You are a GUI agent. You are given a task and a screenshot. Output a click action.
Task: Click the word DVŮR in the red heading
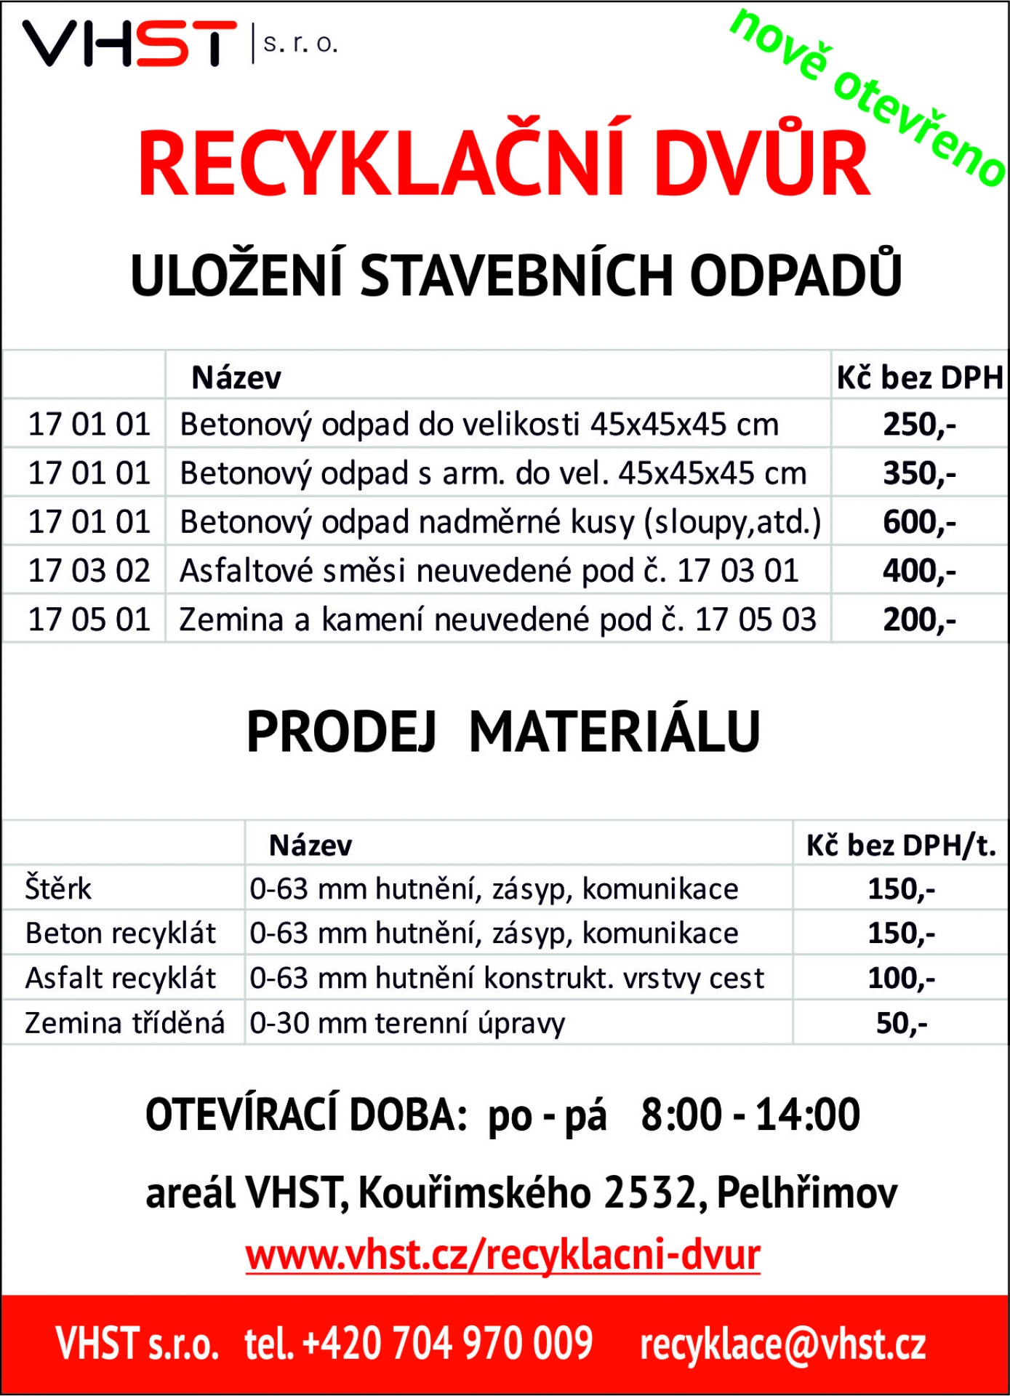761,164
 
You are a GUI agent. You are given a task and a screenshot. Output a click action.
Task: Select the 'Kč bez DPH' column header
919,378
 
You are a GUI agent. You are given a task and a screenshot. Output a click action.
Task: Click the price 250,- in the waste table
919,425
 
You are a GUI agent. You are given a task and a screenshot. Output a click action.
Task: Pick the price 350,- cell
919,473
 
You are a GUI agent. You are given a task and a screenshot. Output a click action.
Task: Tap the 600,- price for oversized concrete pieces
919,522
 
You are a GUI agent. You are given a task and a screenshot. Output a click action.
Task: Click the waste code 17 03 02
89,571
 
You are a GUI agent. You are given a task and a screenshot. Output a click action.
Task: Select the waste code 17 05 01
89,619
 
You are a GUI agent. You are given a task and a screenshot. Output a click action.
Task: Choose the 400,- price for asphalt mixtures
919,571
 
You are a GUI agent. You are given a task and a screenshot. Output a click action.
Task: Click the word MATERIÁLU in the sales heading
614,732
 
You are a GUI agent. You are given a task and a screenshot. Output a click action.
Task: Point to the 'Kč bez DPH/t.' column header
900,846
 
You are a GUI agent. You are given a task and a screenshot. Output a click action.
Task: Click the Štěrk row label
59,889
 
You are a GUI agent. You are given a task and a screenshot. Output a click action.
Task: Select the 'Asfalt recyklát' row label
121,979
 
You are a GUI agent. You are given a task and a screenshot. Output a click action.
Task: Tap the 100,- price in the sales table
901,979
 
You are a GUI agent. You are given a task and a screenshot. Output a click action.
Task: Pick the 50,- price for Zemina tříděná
901,1024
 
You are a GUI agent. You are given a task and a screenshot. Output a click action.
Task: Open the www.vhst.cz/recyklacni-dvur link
503,1256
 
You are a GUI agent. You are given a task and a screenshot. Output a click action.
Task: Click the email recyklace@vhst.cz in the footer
783,1344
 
